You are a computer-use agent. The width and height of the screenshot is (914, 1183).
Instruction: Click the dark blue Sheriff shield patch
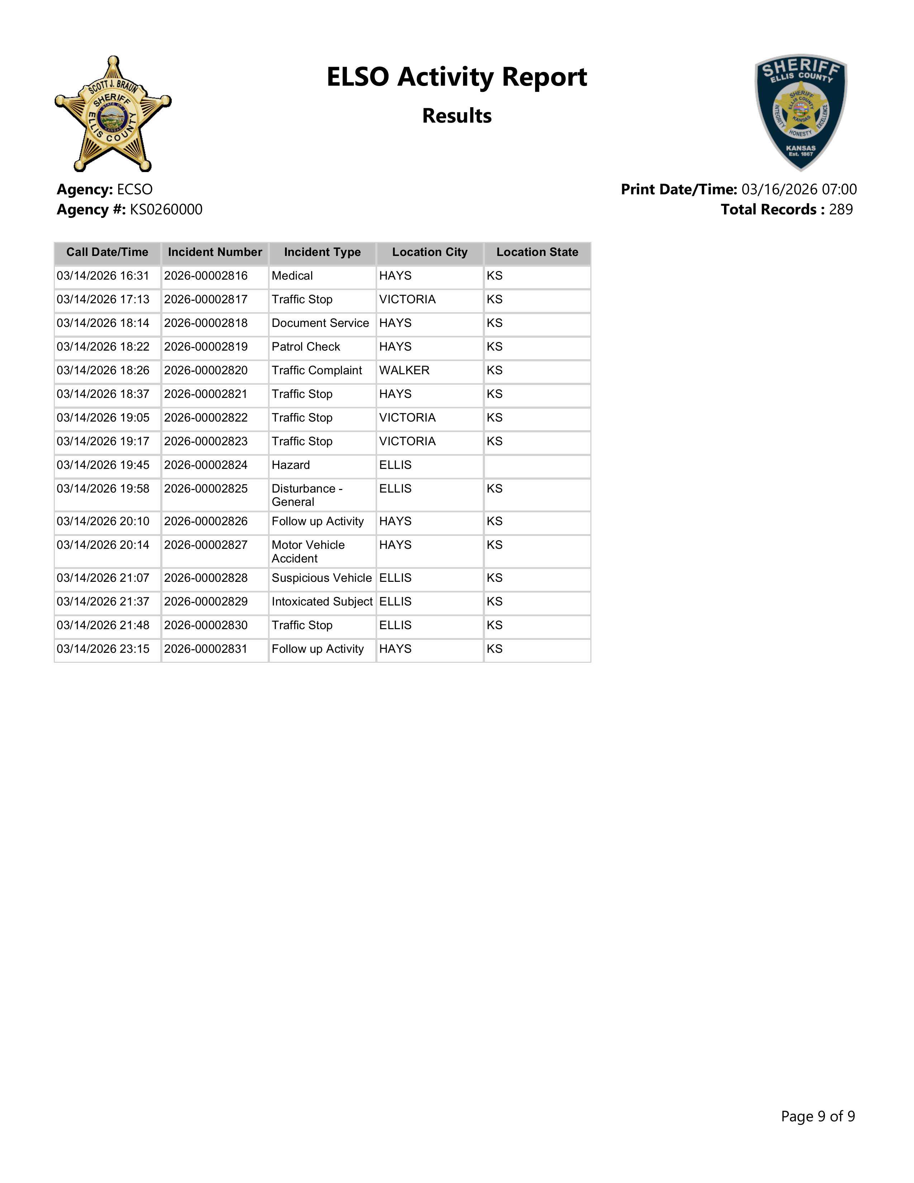point(801,112)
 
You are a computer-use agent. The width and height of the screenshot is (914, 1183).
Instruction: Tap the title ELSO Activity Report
point(456,77)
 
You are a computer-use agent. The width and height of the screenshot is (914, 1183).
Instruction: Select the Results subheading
point(456,116)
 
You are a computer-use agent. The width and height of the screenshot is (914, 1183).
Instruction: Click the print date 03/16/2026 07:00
point(799,190)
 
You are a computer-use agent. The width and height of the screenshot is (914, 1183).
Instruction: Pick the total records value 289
point(841,210)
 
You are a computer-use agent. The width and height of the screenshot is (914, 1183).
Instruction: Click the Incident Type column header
point(322,252)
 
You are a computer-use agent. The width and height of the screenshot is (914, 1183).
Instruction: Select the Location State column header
point(537,252)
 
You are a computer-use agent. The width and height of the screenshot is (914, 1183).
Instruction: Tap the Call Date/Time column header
point(107,252)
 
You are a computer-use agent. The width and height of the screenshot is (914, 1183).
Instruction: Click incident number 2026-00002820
point(206,371)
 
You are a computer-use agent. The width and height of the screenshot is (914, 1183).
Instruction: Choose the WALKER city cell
point(404,371)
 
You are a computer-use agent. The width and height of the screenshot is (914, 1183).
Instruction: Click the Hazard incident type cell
point(291,465)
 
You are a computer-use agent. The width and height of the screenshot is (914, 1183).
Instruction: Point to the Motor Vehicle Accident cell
point(308,551)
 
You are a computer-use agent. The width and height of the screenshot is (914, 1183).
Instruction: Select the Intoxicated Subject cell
point(322,602)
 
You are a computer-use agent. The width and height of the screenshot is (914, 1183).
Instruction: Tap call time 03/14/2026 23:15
point(103,649)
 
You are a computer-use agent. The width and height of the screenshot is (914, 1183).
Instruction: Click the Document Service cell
point(320,323)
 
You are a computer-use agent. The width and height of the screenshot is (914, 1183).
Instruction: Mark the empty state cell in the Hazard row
point(537,466)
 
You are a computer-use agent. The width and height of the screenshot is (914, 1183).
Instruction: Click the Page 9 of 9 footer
point(818,1116)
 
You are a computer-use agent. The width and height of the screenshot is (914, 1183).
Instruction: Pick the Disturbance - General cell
point(307,495)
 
